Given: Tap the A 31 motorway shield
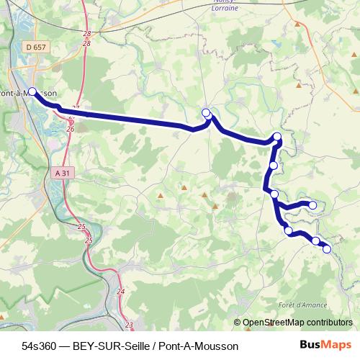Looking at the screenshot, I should (x=63, y=173).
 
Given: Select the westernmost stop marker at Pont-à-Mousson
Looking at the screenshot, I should (x=32, y=91).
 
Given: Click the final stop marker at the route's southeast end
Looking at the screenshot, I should (x=327, y=249).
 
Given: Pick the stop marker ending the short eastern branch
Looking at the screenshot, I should (x=312, y=205).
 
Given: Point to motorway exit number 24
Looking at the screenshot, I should (x=120, y=292).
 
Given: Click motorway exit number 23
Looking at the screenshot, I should (x=129, y=325).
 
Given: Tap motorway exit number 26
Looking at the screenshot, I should (x=70, y=128).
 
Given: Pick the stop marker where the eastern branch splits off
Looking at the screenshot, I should (x=274, y=194).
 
